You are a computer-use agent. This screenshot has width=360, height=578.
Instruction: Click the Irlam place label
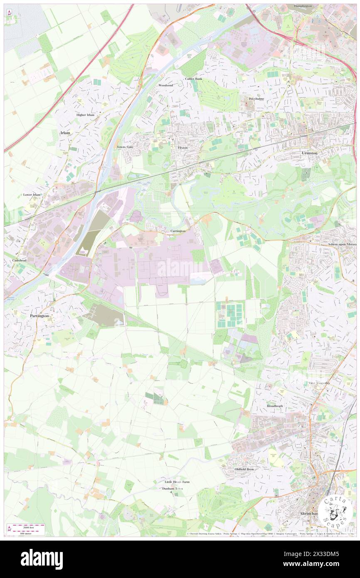click(65, 133)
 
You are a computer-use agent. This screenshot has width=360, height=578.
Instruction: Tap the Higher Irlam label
click(85, 115)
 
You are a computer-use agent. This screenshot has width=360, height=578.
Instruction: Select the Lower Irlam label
click(32, 195)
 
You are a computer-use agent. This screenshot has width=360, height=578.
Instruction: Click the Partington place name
click(39, 316)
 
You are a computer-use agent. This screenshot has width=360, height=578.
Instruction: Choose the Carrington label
click(178, 230)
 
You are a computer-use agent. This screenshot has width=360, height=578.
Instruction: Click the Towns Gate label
click(125, 147)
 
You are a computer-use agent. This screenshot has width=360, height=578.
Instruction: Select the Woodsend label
click(165, 85)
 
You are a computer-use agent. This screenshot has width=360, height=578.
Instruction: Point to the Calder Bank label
click(193, 79)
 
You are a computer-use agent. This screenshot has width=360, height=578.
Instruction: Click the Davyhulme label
click(256, 99)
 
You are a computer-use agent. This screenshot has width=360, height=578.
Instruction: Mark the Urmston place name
click(309, 153)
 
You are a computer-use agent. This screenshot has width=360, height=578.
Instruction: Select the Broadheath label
click(274, 405)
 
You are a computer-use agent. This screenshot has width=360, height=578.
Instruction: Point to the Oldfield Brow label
click(244, 469)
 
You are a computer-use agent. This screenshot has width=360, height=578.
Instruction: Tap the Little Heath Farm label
click(177, 482)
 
